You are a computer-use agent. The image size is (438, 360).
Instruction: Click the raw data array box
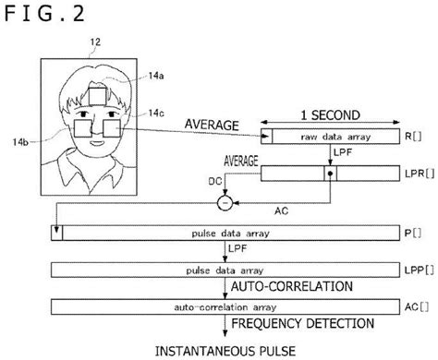[x=322, y=138]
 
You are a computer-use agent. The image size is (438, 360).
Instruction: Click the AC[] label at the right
[x=417, y=306]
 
